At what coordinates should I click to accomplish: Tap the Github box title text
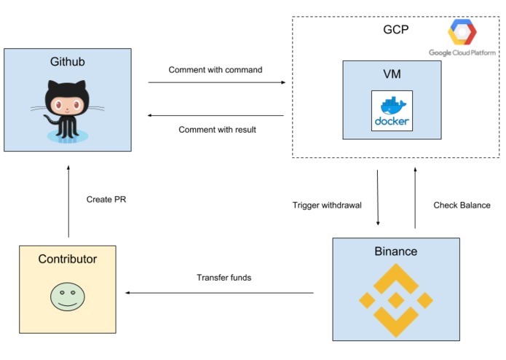[68, 62]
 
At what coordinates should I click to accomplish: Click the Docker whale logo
[392, 111]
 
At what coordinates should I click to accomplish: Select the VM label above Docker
[392, 74]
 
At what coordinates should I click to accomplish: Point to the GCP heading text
[396, 30]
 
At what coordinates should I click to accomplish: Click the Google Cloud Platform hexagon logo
[462, 33]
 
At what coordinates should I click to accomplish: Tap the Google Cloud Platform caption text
[462, 52]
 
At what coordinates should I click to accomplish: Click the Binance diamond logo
[396, 300]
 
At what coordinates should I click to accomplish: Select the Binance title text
[396, 251]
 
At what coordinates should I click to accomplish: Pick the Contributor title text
[67, 259]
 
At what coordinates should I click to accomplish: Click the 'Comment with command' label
[216, 70]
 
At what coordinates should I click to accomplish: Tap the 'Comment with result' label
[216, 130]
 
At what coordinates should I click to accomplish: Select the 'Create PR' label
[106, 200]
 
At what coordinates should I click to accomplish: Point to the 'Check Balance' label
[462, 205]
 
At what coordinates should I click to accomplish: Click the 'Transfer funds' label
[224, 278]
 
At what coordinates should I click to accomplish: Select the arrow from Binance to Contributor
[219, 293]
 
